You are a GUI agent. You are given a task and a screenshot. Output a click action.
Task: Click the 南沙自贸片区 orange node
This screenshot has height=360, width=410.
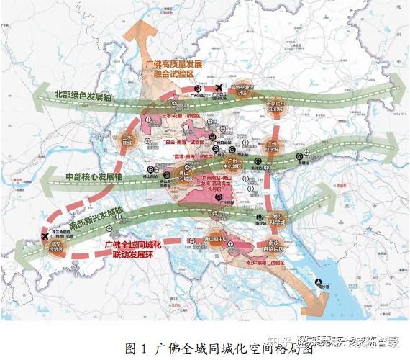(275, 247)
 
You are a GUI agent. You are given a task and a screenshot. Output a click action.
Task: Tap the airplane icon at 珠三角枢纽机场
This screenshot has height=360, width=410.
(45, 237)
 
